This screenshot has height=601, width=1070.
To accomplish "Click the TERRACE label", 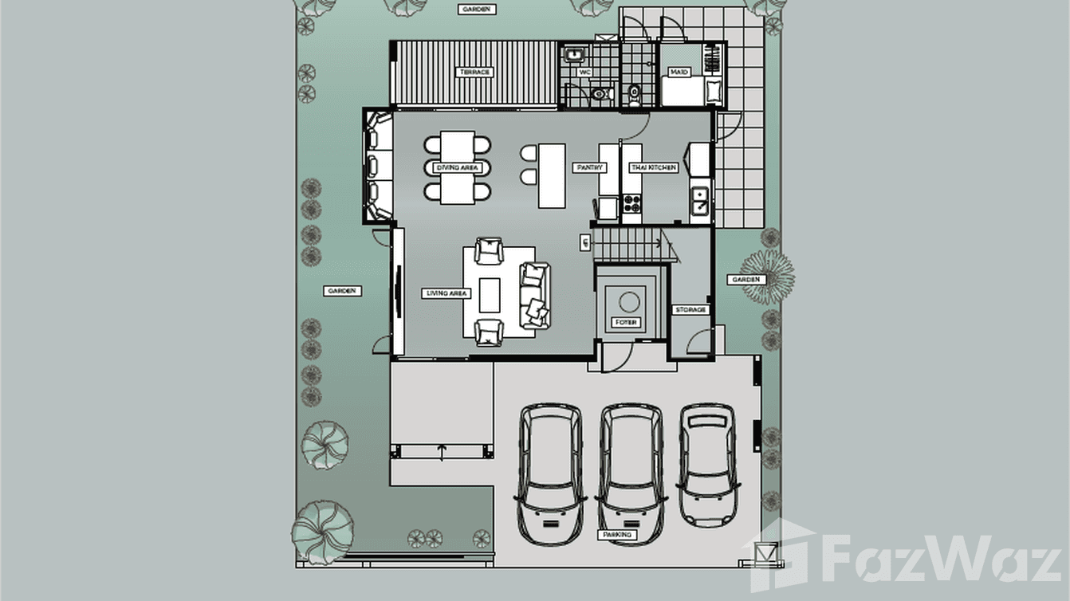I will [x=474, y=73].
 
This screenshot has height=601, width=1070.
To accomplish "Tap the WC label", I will [x=584, y=73].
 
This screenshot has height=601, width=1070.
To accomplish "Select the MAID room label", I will [x=679, y=73].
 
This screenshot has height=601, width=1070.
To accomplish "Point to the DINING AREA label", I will [x=458, y=168].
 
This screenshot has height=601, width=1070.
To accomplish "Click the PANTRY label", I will [x=589, y=168].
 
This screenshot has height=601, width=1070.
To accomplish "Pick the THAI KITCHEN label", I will [x=654, y=168].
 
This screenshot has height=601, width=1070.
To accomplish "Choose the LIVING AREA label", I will [x=446, y=293].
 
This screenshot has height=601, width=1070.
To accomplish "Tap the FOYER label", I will [x=626, y=323].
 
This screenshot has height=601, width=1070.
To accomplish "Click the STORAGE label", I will [x=690, y=309].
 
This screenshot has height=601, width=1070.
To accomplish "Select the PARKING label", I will [x=617, y=535].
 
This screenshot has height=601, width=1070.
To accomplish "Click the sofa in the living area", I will [x=535, y=294].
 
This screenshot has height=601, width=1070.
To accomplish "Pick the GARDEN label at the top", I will [x=477, y=10].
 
